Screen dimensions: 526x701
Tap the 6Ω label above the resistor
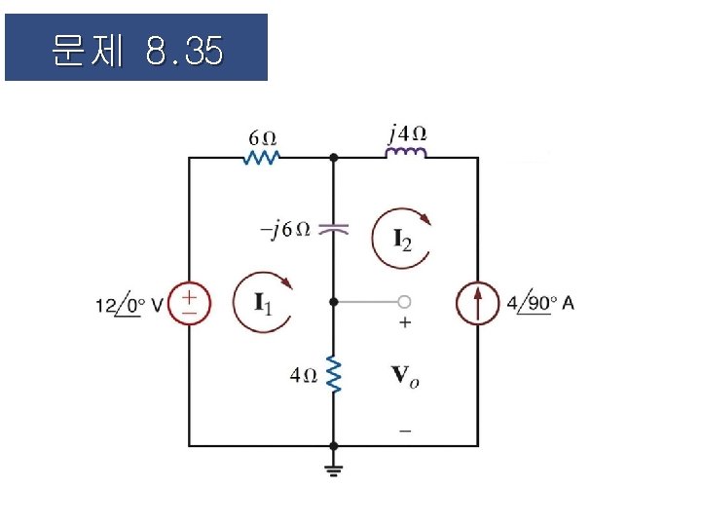pos(262,137)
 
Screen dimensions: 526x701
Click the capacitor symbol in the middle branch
pos(334,230)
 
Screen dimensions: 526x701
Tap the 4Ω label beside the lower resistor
pos(304,374)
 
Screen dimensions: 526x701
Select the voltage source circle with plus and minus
pos(189,302)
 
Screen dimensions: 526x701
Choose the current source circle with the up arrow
pos(477,303)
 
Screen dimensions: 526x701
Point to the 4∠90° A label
pos(540,303)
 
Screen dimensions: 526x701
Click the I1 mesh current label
pos(263,303)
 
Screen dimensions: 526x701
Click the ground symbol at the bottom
pos(334,470)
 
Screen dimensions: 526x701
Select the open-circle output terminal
pos(404,302)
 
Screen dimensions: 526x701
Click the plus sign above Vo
pos(405,323)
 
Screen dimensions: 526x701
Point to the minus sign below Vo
pos(405,429)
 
